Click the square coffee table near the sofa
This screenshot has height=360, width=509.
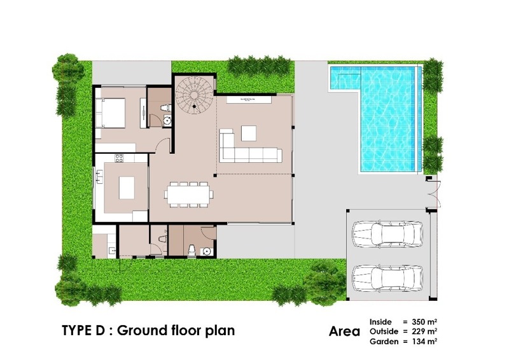(249, 133)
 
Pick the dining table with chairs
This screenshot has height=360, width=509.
(188, 194)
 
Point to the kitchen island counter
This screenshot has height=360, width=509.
(127, 188)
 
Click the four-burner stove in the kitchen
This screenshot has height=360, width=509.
(119, 158)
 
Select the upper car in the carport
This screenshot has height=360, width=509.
(388, 233)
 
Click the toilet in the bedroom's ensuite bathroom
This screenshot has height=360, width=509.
(166, 107)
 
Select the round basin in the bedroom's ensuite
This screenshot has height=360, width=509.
(167, 120)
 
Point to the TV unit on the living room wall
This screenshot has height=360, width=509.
(249, 99)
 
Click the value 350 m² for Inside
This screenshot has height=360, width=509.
(424, 322)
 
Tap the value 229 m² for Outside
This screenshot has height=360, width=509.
(424, 331)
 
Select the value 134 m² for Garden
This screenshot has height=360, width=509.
(424, 341)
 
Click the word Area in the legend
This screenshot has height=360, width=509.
(344, 331)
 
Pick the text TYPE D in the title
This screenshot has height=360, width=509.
(83, 331)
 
